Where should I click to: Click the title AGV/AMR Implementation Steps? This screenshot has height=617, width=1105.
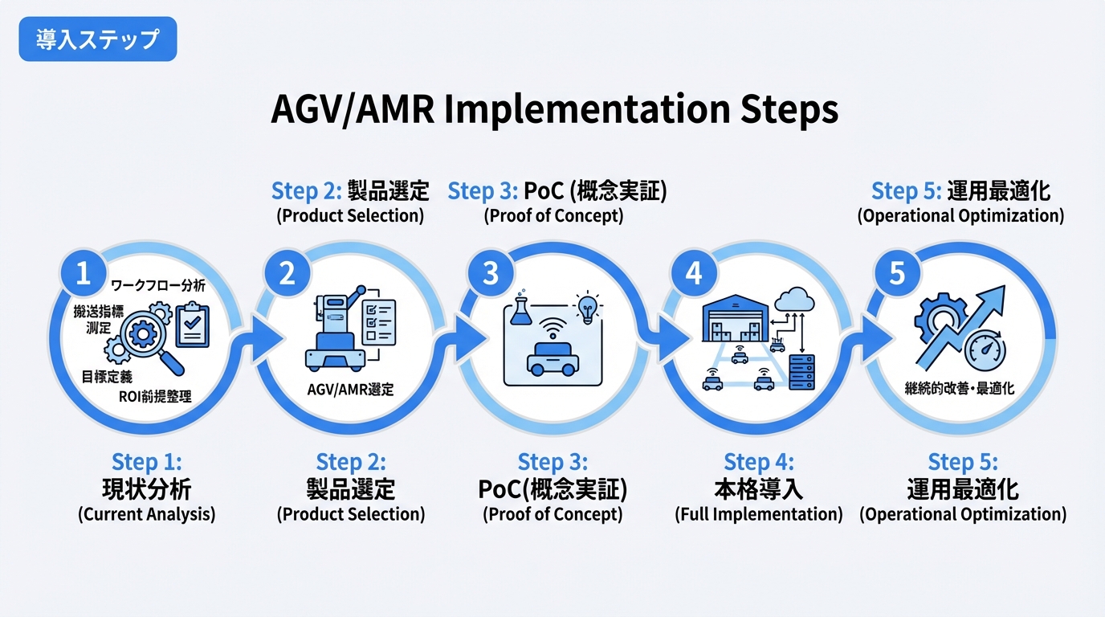[554, 110]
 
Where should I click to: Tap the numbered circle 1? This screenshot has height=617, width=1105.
[83, 274]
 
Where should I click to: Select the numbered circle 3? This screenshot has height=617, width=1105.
[490, 274]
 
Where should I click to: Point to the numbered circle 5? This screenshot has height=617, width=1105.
[897, 274]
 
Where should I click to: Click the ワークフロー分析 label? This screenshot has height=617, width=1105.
[158, 285]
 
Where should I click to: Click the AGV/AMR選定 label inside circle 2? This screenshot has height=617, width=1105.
[351, 390]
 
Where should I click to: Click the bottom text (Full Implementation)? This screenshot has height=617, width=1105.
[759, 514]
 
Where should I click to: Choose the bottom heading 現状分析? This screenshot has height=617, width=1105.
[147, 488]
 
